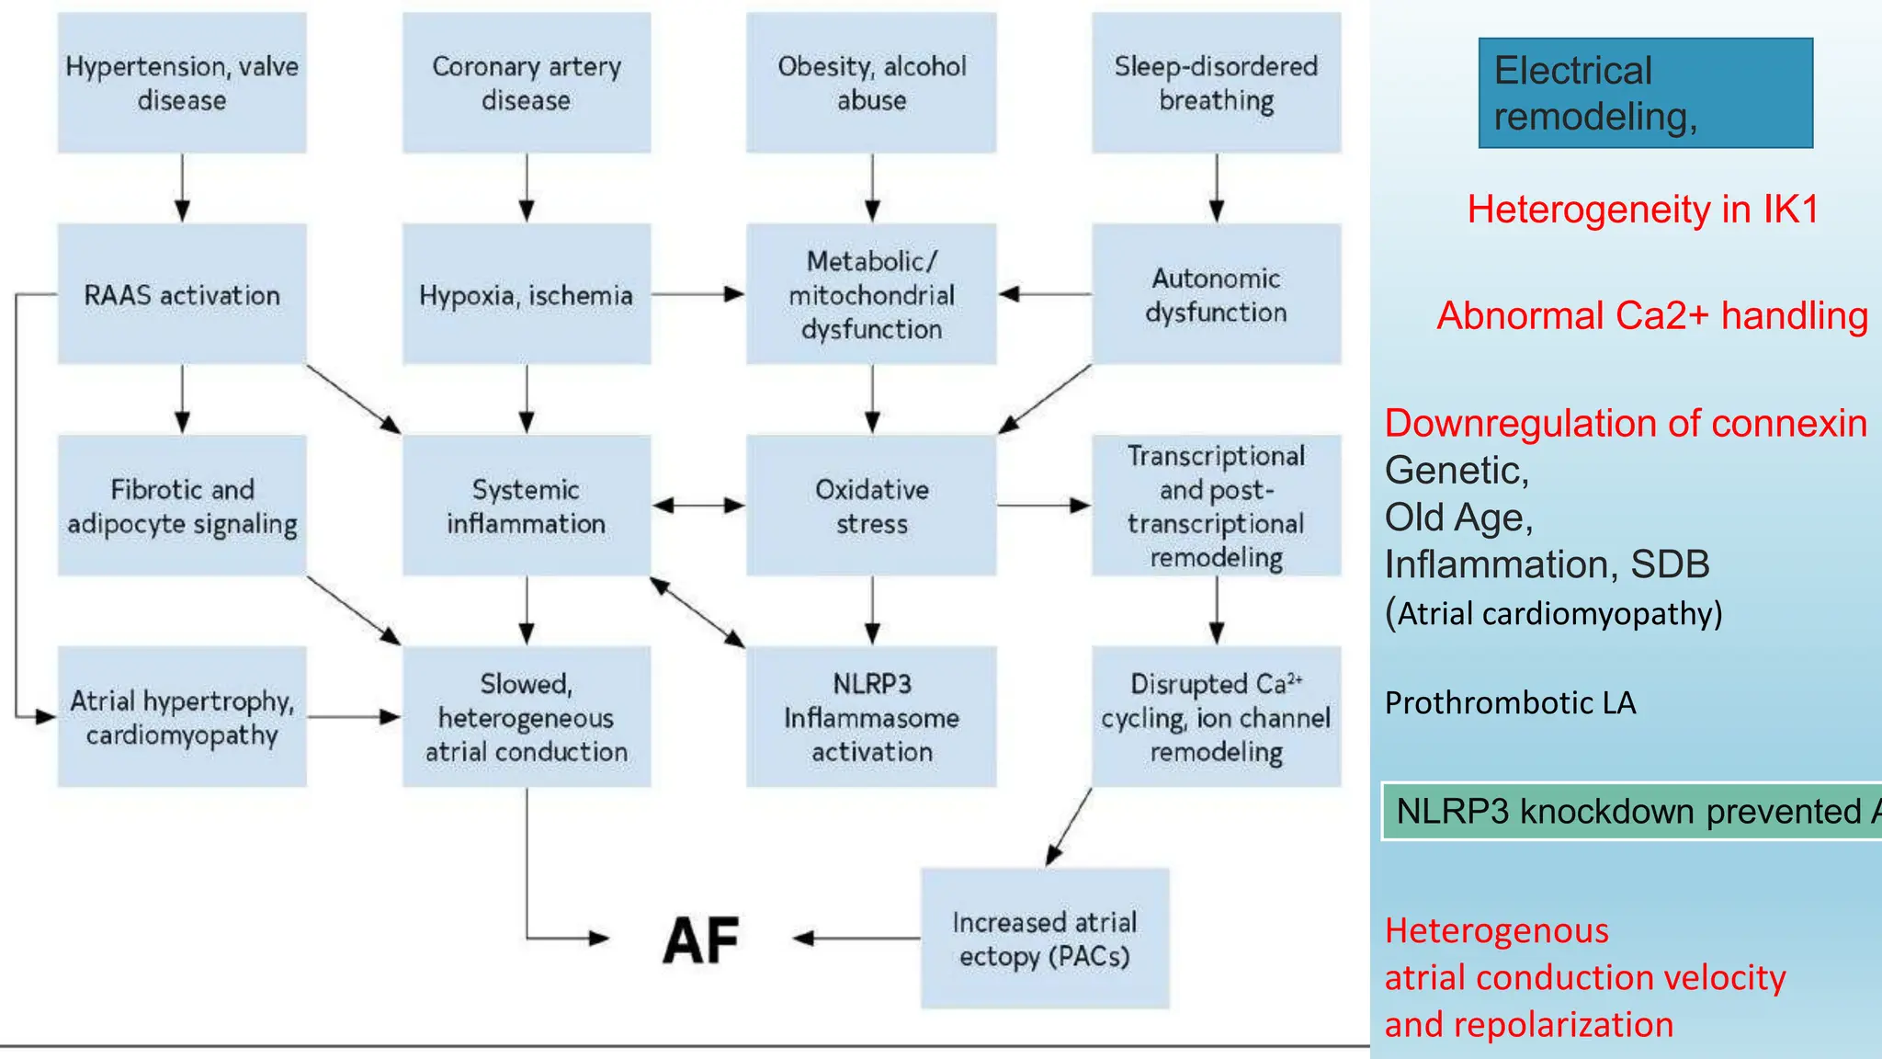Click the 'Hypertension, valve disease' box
coord(182,83)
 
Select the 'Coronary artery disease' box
coord(527,83)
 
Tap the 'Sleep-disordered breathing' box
coord(1216,83)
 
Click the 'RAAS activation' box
coord(182,294)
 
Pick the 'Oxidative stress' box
coord(871,506)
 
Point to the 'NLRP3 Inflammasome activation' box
coord(871,717)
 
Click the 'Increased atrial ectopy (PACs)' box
coord(1045,939)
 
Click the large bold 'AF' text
coord(701,940)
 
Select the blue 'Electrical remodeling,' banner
coord(1645,93)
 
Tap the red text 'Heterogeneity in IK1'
coord(1643,210)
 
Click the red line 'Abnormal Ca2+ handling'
coord(1652,315)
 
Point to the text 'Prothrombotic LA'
coord(1510,702)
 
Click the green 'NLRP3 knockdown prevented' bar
coord(1631,811)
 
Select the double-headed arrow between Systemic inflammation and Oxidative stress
coord(698,505)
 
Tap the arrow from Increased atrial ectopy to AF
coord(856,939)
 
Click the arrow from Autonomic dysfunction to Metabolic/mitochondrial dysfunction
coord(1045,294)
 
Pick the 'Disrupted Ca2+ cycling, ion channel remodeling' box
coord(1216,717)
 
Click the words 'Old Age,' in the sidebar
coord(1458,518)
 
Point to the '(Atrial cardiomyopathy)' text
coord(1553,613)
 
